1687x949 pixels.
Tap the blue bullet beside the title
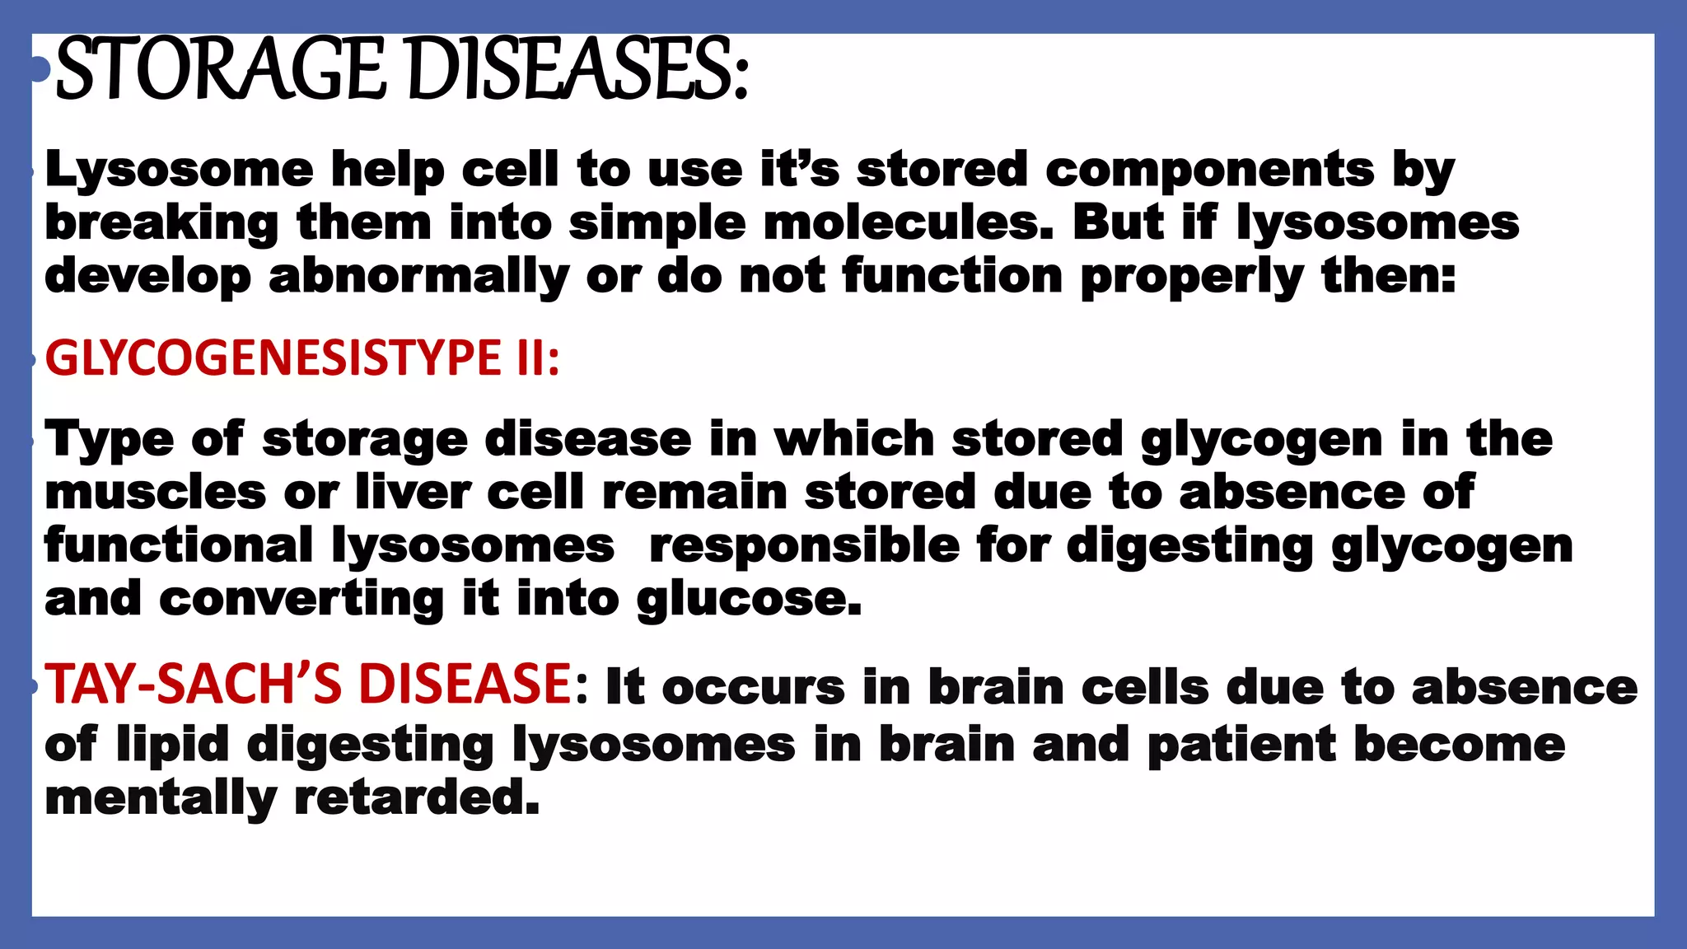38,69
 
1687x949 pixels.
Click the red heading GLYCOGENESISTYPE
273,358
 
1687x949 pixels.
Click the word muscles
155,493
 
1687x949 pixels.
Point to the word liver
412,493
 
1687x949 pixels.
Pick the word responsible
804,546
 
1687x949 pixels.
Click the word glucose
749,599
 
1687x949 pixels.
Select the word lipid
172,745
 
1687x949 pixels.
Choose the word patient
1241,745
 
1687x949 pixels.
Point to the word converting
301,599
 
